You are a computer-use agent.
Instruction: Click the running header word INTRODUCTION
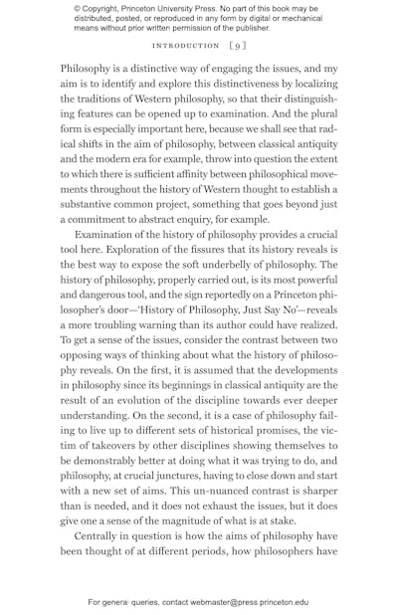point(185,45)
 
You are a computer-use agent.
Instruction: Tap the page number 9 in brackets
point(237,45)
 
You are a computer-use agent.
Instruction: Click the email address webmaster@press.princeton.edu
point(250,602)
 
